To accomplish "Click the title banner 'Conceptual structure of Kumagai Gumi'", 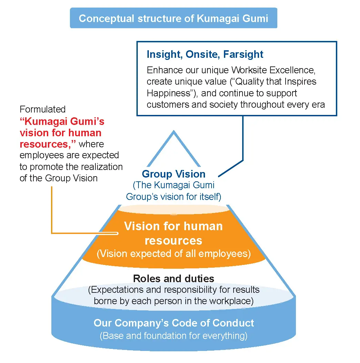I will point(173,18).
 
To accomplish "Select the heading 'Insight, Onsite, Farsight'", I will point(205,54).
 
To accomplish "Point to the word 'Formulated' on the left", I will point(42,109).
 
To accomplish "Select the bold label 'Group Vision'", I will point(174,174).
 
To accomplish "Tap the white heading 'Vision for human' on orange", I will point(173,226).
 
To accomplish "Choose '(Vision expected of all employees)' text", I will point(173,254).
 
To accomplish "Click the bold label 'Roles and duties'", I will point(174,278).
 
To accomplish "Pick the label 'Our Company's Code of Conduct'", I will point(174,323).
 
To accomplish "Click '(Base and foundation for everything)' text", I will point(174,335).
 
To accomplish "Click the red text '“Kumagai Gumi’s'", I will point(62,121).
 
